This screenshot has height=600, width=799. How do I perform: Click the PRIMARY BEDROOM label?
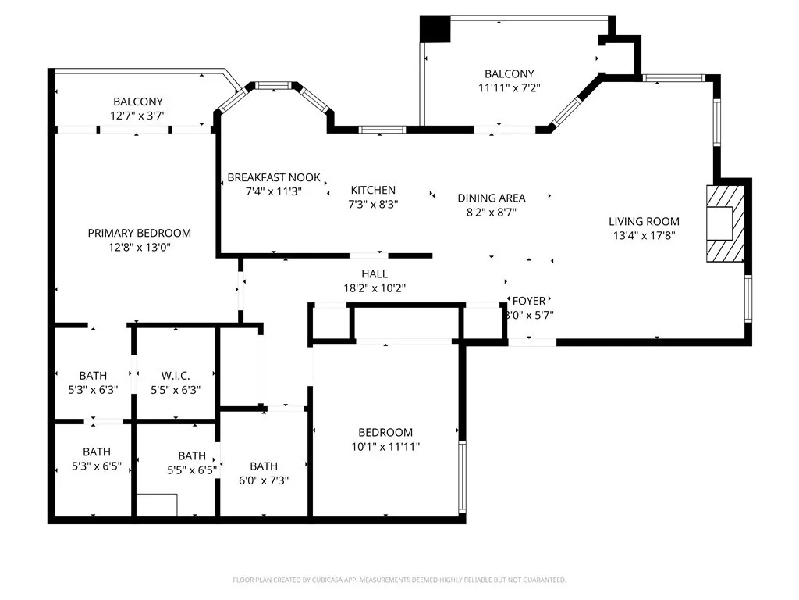pyautogui.click(x=139, y=233)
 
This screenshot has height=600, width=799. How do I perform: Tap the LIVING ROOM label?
pyautogui.click(x=644, y=221)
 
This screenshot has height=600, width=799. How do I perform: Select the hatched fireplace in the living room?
pyautogui.click(x=725, y=223)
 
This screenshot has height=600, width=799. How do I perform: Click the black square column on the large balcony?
pyautogui.click(x=435, y=29)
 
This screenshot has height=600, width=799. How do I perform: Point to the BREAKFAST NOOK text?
pyautogui.click(x=273, y=177)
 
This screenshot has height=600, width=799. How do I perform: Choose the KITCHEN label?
pyautogui.click(x=373, y=190)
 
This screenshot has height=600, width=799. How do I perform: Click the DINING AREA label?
pyautogui.click(x=491, y=198)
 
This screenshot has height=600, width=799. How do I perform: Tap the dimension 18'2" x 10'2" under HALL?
pyautogui.click(x=374, y=287)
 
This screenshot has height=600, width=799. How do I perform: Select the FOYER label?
pyautogui.click(x=528, y=301)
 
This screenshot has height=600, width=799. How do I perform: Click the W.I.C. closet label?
pyautogui.click(x=176, y=376)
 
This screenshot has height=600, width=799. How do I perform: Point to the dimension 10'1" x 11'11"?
pyautogui.click(x=385, y=446)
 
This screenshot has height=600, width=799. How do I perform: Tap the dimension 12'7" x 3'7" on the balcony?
pyautogui.click(x=138, y=116)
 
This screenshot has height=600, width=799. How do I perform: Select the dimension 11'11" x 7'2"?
pyautogui.click(x=509, y=88)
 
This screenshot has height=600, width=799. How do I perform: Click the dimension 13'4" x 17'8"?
pyautogui.click(x=644, y=235)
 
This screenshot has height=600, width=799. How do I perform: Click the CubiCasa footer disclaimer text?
pyautogui.click(x=399, y=580)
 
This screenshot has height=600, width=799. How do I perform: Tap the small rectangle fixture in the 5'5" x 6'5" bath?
pyautogui.click(x=156, y=505)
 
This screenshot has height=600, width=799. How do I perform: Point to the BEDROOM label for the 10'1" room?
pyautogui.click(x=385, y=432)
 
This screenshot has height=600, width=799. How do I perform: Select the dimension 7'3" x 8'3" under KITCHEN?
pyautogui.click(x=373, y=204)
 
